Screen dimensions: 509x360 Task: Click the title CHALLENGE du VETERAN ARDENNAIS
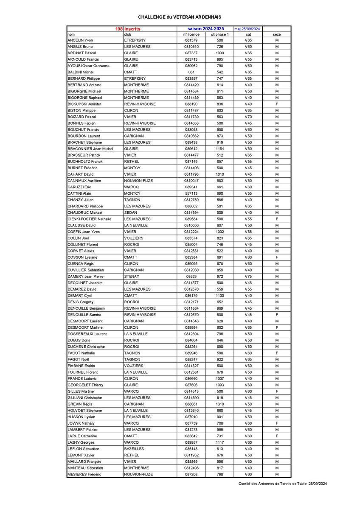(x=180, y=17)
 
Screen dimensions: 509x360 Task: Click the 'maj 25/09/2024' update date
(x=248, y=29)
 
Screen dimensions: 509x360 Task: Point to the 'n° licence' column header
(x=191, y=34)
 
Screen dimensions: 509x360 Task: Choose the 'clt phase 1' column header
(x=219, y=34)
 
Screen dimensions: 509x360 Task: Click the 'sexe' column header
(x=276, y=34)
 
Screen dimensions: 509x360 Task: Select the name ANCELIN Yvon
(x=80, y=40)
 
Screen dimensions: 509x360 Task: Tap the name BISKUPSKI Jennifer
(x=84, y=104)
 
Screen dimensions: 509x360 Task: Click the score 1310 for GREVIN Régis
(x=219, y=404)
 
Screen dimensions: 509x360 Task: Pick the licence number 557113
(x=191, y=193)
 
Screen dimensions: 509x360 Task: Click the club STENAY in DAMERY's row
(x=132, y=277)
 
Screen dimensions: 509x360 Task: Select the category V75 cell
(x=248, y=277)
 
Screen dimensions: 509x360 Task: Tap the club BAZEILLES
(x=134, y=449)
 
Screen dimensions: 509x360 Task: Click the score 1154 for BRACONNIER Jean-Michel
(x=219, y=149)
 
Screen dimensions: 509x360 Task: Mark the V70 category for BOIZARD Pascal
(x=248, y=117)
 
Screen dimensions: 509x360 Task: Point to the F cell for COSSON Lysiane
(x=276, y=257)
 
